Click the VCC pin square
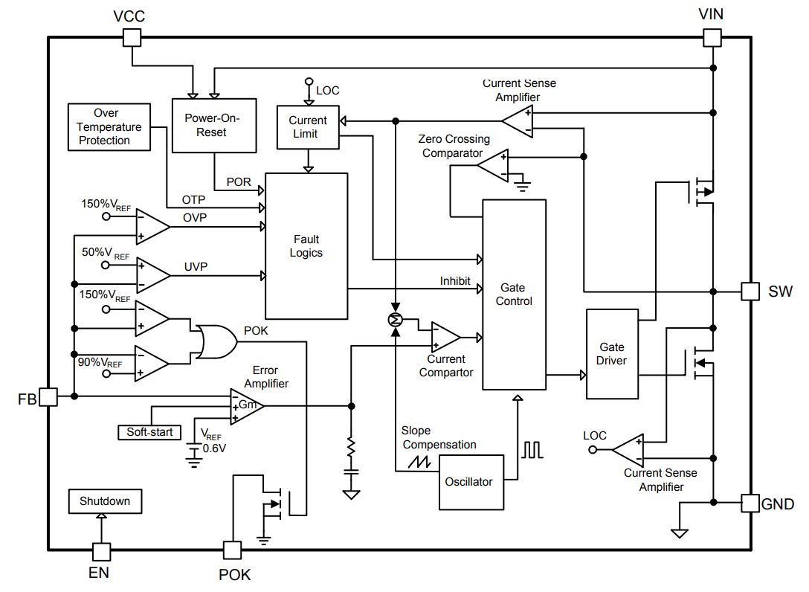point(132,38)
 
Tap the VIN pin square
point(712,38)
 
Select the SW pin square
point(750,292)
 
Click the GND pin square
point(750,503)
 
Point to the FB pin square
point(48,397)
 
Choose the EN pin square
point(101,552)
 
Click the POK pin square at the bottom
point(232,550)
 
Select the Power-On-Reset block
point(214,126)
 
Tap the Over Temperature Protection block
point(109,127)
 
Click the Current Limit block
point(308,127)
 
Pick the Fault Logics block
point(306,246)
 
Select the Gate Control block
point(514,295)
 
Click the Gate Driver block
point(613,354)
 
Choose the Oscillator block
point(471,482)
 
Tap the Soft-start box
point(149,432)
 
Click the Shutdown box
point(106,501)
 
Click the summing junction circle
point(396,320)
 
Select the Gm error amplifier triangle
point(247,406)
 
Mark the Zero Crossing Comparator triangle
point(493,165)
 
